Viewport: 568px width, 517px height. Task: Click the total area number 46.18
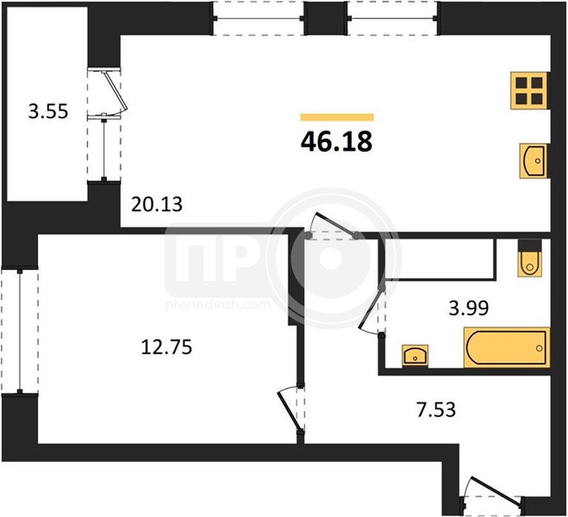[x=337, y=141]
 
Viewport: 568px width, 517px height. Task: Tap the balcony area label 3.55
[x=48, y=111]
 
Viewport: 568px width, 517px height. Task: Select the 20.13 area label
[x=156, y=204]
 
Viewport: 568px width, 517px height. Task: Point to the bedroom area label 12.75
[x=166, y=347]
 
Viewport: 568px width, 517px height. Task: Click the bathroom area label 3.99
[x=468, y=308]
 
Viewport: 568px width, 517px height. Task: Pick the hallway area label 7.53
[x=436, y=410]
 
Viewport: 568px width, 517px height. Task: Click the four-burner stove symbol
[x=529, y=90]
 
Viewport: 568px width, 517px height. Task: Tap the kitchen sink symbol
[x=533, y=160]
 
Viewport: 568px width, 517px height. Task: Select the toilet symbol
[x=530, y=258]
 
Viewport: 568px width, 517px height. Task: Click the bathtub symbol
[x=507, y=348]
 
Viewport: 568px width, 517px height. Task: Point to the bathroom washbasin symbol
[x=415, y=356]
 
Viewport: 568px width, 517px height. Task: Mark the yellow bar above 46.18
[x=337, y=117]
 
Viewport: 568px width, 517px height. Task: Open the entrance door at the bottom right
[x=492, y=492]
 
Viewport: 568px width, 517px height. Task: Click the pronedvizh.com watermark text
[x=218, y=305]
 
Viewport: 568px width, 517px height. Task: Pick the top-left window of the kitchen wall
[x=258, y=18]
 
